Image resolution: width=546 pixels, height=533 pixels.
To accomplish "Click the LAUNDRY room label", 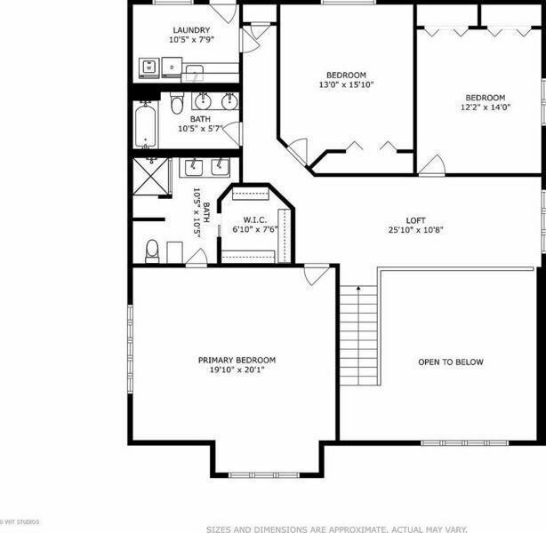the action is (x=191, y=30).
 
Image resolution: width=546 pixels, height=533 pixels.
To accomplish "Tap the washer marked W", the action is (x=149, y=68).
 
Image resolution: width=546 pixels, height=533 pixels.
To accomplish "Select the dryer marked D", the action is (x=172, y=68).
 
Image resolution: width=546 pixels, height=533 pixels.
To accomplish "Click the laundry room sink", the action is (x=195, y=73).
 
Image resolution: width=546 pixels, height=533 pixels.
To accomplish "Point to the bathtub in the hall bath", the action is (x=145, y=125).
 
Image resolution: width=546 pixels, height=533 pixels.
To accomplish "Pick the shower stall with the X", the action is (x=151, y=176).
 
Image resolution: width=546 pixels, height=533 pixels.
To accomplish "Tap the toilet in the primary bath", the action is (x=152, y=251).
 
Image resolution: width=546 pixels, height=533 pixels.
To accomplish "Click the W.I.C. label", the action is (x=255, y=220).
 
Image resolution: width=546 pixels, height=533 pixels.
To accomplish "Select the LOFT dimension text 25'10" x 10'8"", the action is (x=415, y=229).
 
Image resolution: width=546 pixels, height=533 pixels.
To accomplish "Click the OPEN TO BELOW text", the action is (x=451, y=362).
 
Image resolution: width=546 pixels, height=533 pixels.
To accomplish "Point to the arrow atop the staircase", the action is (x=358, y=288).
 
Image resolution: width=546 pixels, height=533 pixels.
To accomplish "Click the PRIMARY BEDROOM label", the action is (x=237, y=360).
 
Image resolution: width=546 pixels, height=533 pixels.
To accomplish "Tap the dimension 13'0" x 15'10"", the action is (x=346, y=84).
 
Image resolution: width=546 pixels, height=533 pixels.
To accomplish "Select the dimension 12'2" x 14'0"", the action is (x=486, y=107).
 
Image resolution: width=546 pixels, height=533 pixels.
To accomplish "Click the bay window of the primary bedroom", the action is (x=263, y=475).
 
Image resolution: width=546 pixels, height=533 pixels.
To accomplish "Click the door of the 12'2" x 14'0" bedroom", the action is (x=432, y=165).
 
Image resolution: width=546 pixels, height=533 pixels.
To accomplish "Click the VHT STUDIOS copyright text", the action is (x=20, y=521).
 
